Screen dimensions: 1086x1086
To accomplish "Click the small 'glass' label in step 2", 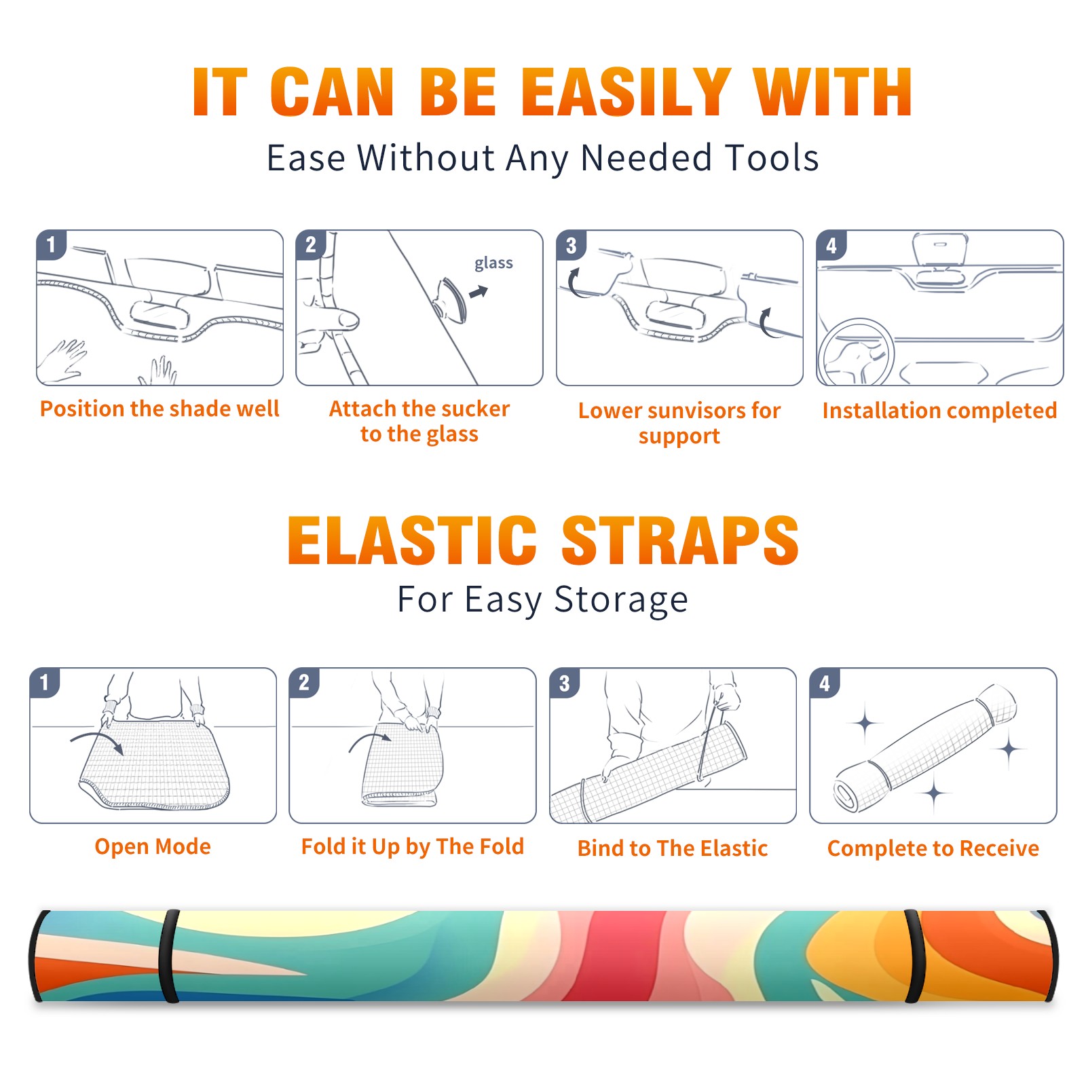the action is [x=493, y=263].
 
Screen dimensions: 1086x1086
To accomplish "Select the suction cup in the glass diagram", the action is [x=450, y=299].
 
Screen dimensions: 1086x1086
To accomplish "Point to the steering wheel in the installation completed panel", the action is [x=855, y=353].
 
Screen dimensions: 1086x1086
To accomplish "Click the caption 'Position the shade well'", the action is [x=160, y=409].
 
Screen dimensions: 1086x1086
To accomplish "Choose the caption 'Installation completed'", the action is [x=939, y=411].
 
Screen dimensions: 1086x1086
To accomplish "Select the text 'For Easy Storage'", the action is [x=542, y=599].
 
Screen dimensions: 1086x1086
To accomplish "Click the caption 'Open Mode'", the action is [x=153, y=846].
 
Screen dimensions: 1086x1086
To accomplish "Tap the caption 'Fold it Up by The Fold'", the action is [x=412, y=846].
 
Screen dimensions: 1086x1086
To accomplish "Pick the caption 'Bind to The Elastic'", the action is [x=672, y=848].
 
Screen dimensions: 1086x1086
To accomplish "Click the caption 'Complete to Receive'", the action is [x=933, y=848].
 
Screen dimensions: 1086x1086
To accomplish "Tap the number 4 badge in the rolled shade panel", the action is [x=825, y=683].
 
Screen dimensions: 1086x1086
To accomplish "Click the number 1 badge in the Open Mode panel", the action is [x=45, y=683].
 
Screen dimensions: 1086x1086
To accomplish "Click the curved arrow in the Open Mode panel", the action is [x=95, y=736].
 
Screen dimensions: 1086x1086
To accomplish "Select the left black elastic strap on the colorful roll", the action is [x=169, y=956].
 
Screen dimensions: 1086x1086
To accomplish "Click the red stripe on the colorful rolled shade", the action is [x=587, y=956].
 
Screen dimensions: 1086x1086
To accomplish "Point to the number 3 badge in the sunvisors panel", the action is [x=572, y=245].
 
